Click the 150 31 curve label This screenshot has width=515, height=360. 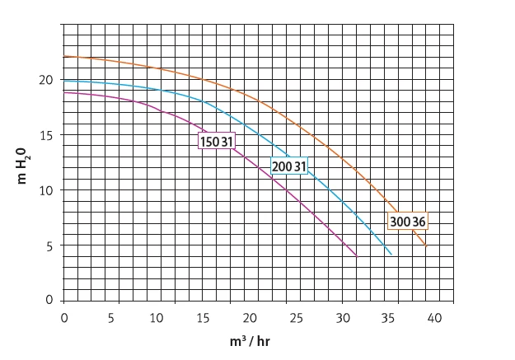point(217,141)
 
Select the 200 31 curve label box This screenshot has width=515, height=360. point(289,166)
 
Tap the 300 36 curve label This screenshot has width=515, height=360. point(408,222)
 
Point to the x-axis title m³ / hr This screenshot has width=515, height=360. point(250,342)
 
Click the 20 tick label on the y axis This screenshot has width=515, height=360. point(45,80)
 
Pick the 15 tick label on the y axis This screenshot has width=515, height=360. point(46,135)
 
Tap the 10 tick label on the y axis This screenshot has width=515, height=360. point(46,190)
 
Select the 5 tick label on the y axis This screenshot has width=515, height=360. point(49,245)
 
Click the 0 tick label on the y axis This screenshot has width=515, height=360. point(49,300)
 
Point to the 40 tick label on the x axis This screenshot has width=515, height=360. point(434,318)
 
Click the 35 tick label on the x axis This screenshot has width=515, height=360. point(388,318)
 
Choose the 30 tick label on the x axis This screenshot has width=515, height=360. point(343,318)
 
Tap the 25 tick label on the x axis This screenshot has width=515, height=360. point(296,318)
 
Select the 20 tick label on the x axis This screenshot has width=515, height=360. point(250,318)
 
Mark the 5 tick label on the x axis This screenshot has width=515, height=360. point(111,318)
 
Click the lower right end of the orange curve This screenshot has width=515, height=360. point(426,246)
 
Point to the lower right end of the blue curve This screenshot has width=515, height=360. point(391,255)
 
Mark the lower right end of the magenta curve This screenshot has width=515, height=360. point(357,256)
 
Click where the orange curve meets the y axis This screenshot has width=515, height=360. point(63,56)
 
